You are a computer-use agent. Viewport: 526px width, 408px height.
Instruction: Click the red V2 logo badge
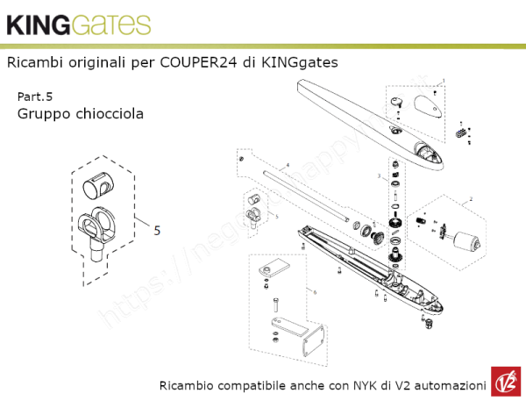506,384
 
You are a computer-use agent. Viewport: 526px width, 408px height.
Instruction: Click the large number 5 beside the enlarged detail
157,232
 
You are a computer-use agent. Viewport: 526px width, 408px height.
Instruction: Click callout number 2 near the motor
471,200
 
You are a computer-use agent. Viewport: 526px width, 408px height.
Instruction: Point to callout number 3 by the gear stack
379,177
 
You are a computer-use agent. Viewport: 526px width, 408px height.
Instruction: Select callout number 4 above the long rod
287,165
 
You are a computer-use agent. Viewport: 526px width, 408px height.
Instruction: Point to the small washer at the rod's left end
240,160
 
